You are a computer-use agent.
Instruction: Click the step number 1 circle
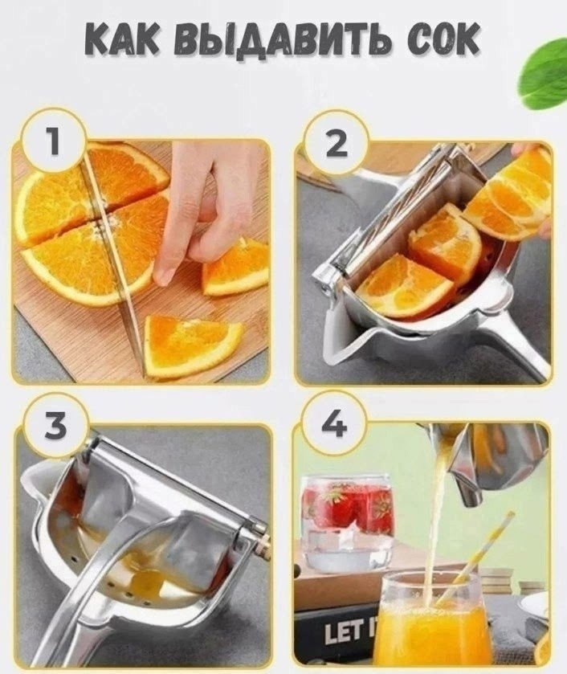[53, 143]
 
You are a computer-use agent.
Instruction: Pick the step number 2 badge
[337, 142]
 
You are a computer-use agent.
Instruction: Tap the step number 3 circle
[56, 425]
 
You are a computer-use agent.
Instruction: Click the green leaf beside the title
[545, 76]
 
